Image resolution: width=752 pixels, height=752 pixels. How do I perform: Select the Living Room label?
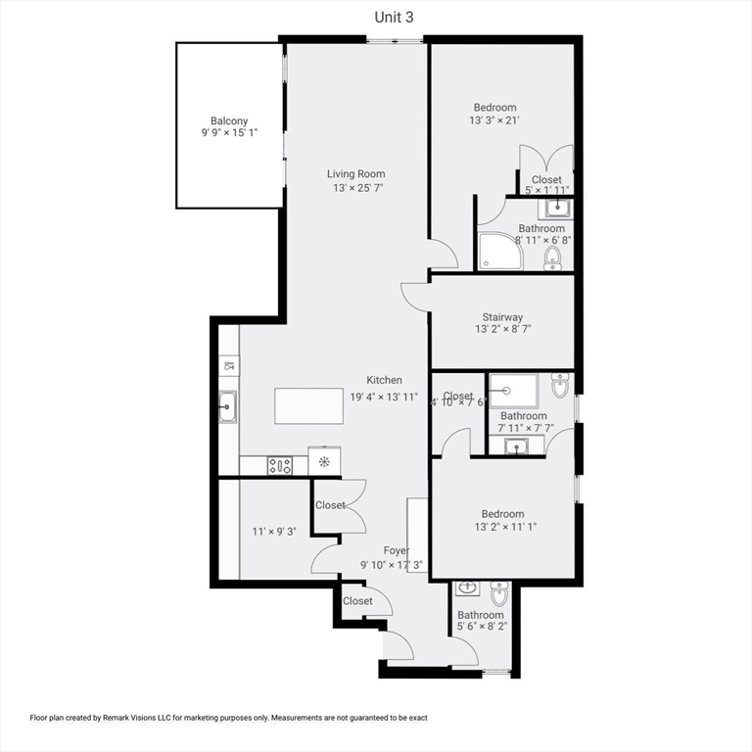click(x=355, y=174)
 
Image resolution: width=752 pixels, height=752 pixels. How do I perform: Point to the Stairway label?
click(x=501, y=317)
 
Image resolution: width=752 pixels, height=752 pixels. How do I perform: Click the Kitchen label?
click(x=384, y=380)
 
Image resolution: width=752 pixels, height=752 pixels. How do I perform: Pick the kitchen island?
click(x=308, y=406)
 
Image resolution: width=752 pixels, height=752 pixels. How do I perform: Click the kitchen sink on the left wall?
click(x=227, y=406)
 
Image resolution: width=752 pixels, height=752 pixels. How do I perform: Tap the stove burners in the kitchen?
click(x=280, y=466)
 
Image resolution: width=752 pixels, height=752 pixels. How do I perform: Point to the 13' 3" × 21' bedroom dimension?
click(x=494, y=120)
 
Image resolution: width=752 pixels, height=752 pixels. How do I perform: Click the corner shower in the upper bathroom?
click(x=499, y=251)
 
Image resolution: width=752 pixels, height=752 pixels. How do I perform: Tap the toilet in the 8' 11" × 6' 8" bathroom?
click(x=552, y=257)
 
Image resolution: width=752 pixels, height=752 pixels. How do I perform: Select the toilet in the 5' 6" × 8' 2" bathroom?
click(x=498, y=593)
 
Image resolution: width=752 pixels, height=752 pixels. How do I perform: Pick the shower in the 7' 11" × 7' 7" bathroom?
click(x=513, y=389)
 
